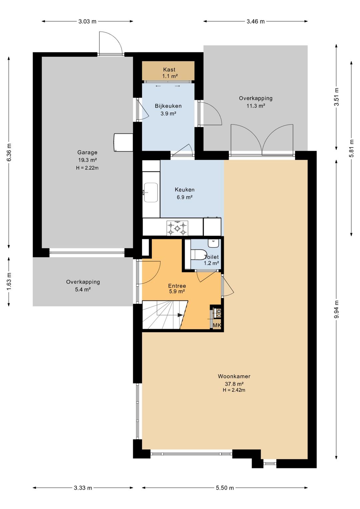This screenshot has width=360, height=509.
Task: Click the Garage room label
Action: click(x=87, y=152)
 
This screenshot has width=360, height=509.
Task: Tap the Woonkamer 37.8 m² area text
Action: click(x=234, y=384)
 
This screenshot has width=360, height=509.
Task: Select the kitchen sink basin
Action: click(x=151, y=192)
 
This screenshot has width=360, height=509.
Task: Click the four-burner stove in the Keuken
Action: click(x=177, y=228)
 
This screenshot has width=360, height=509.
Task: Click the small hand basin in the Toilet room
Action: click(x=213, y=243)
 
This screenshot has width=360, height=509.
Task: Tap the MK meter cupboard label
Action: click(x=217, y=326)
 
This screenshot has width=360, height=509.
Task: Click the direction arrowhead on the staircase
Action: click(x=180, y=315)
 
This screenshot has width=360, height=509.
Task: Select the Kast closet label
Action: click(x=169, y=69)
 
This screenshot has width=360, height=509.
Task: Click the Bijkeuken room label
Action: click(x=168, y=106)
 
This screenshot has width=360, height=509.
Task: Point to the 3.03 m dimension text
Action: click(x=87, y=21)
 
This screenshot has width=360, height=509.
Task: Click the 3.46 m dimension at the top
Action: click(x=256, y=21)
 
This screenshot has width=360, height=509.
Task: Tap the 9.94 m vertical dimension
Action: click(x=337, y=310)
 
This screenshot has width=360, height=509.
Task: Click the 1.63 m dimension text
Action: click(x=9, y=282)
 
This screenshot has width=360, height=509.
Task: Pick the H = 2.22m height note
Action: click(x=87, y=168)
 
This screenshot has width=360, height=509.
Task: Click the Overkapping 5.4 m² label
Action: click(x=83, y=286)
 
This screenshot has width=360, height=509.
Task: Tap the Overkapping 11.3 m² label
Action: click(x=256, y=102)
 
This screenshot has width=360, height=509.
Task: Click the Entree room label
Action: click(x=177, y=286)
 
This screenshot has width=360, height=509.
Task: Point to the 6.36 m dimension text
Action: click(x=9, y=152)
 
